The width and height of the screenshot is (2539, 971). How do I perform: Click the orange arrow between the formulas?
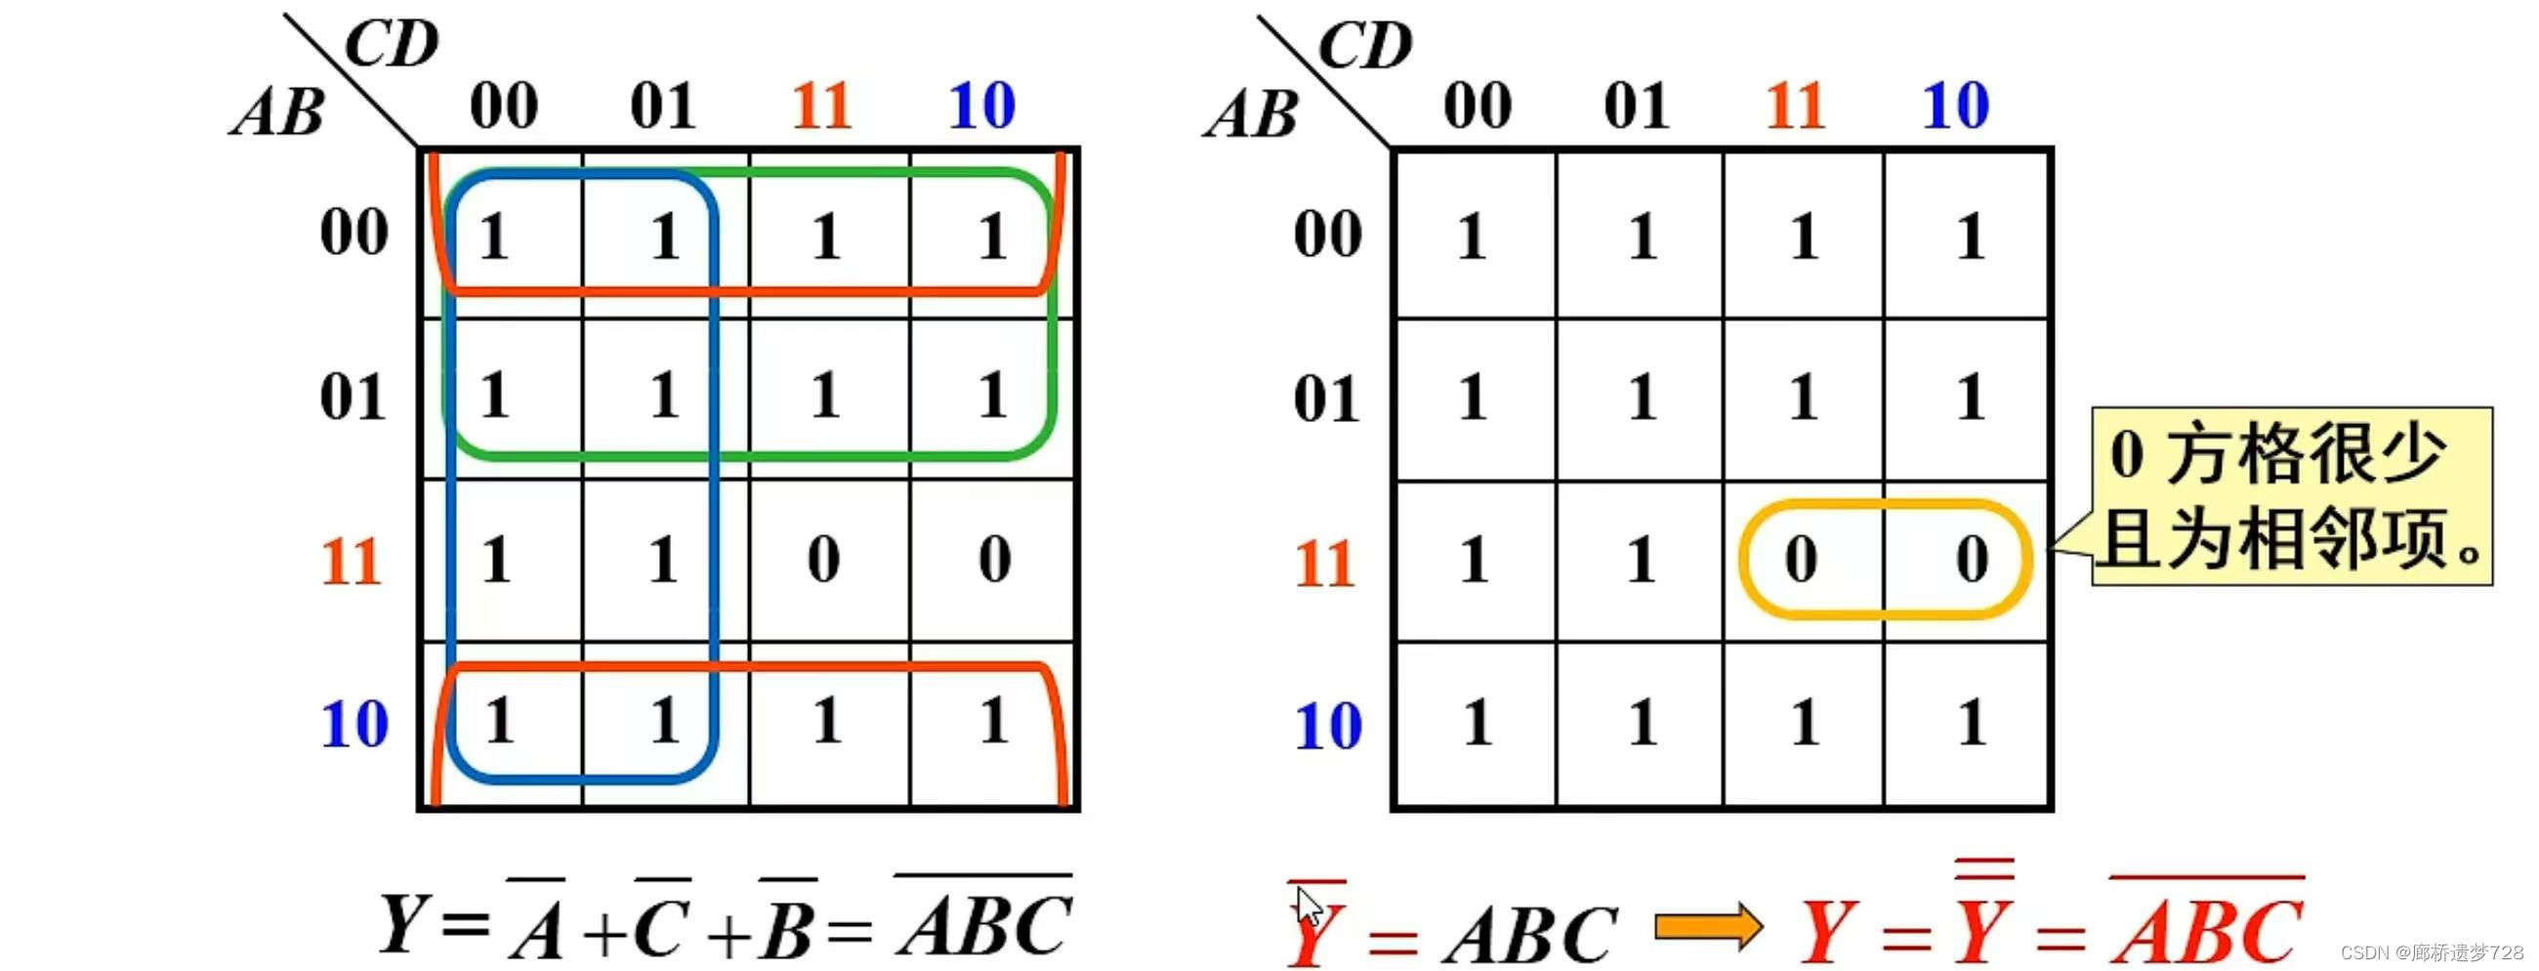pos(1708,927)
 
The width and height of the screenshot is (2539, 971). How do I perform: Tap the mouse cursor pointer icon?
pos(1308,906)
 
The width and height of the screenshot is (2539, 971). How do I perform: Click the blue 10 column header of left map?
pos(981,106)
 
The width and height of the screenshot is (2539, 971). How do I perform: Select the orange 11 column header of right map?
pos(1795,106)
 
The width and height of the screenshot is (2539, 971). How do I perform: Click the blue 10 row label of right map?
pos(1328,726)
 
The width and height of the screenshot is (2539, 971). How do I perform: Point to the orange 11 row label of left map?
pos(352,562)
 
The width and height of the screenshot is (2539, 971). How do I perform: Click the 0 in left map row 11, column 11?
pos(824,559)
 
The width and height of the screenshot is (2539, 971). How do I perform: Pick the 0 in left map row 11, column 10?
pos(994,559)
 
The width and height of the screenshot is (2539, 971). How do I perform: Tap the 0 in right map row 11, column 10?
pos(1972,559)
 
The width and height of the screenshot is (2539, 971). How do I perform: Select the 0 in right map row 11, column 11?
pos(1801,559)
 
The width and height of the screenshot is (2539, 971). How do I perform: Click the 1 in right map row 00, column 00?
pos(1472,236)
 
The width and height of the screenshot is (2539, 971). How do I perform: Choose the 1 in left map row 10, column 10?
pos(993,721)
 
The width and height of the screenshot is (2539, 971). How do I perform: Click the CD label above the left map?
pos(392,44)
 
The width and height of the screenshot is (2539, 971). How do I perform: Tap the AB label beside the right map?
pos(1252,114)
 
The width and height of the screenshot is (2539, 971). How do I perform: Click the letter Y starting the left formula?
pos(402,924)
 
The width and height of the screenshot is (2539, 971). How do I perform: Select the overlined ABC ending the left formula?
pos(983,924)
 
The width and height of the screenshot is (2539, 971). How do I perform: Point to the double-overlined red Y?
pos(1983,927)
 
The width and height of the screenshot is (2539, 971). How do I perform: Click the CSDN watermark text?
pos(2431,952)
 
